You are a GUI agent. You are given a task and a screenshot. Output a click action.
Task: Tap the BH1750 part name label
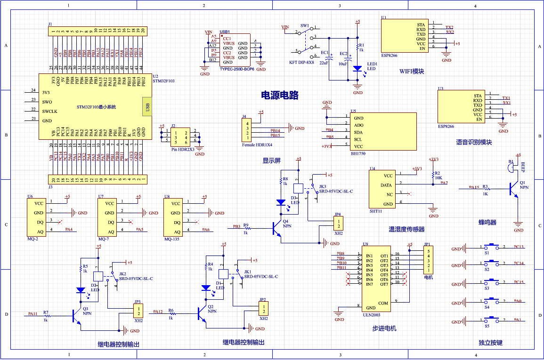click(358, 153)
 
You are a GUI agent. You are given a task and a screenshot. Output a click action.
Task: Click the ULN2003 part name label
click(371, 315)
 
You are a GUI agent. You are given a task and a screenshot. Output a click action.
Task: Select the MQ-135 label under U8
click(171, 239)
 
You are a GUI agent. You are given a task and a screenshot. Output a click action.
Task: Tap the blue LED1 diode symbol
click(357, 68)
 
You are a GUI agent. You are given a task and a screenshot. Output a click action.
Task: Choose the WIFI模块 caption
click(412, 72)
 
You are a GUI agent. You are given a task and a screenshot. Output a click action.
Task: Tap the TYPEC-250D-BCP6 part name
click(237, 69)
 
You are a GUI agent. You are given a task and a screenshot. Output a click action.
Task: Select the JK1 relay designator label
click(247, 272)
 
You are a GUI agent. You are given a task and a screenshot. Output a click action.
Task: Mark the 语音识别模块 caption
click(473, 142)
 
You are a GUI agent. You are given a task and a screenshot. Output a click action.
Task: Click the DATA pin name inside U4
click(386, 185)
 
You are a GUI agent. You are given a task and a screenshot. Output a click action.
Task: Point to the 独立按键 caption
click(490, 343)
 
